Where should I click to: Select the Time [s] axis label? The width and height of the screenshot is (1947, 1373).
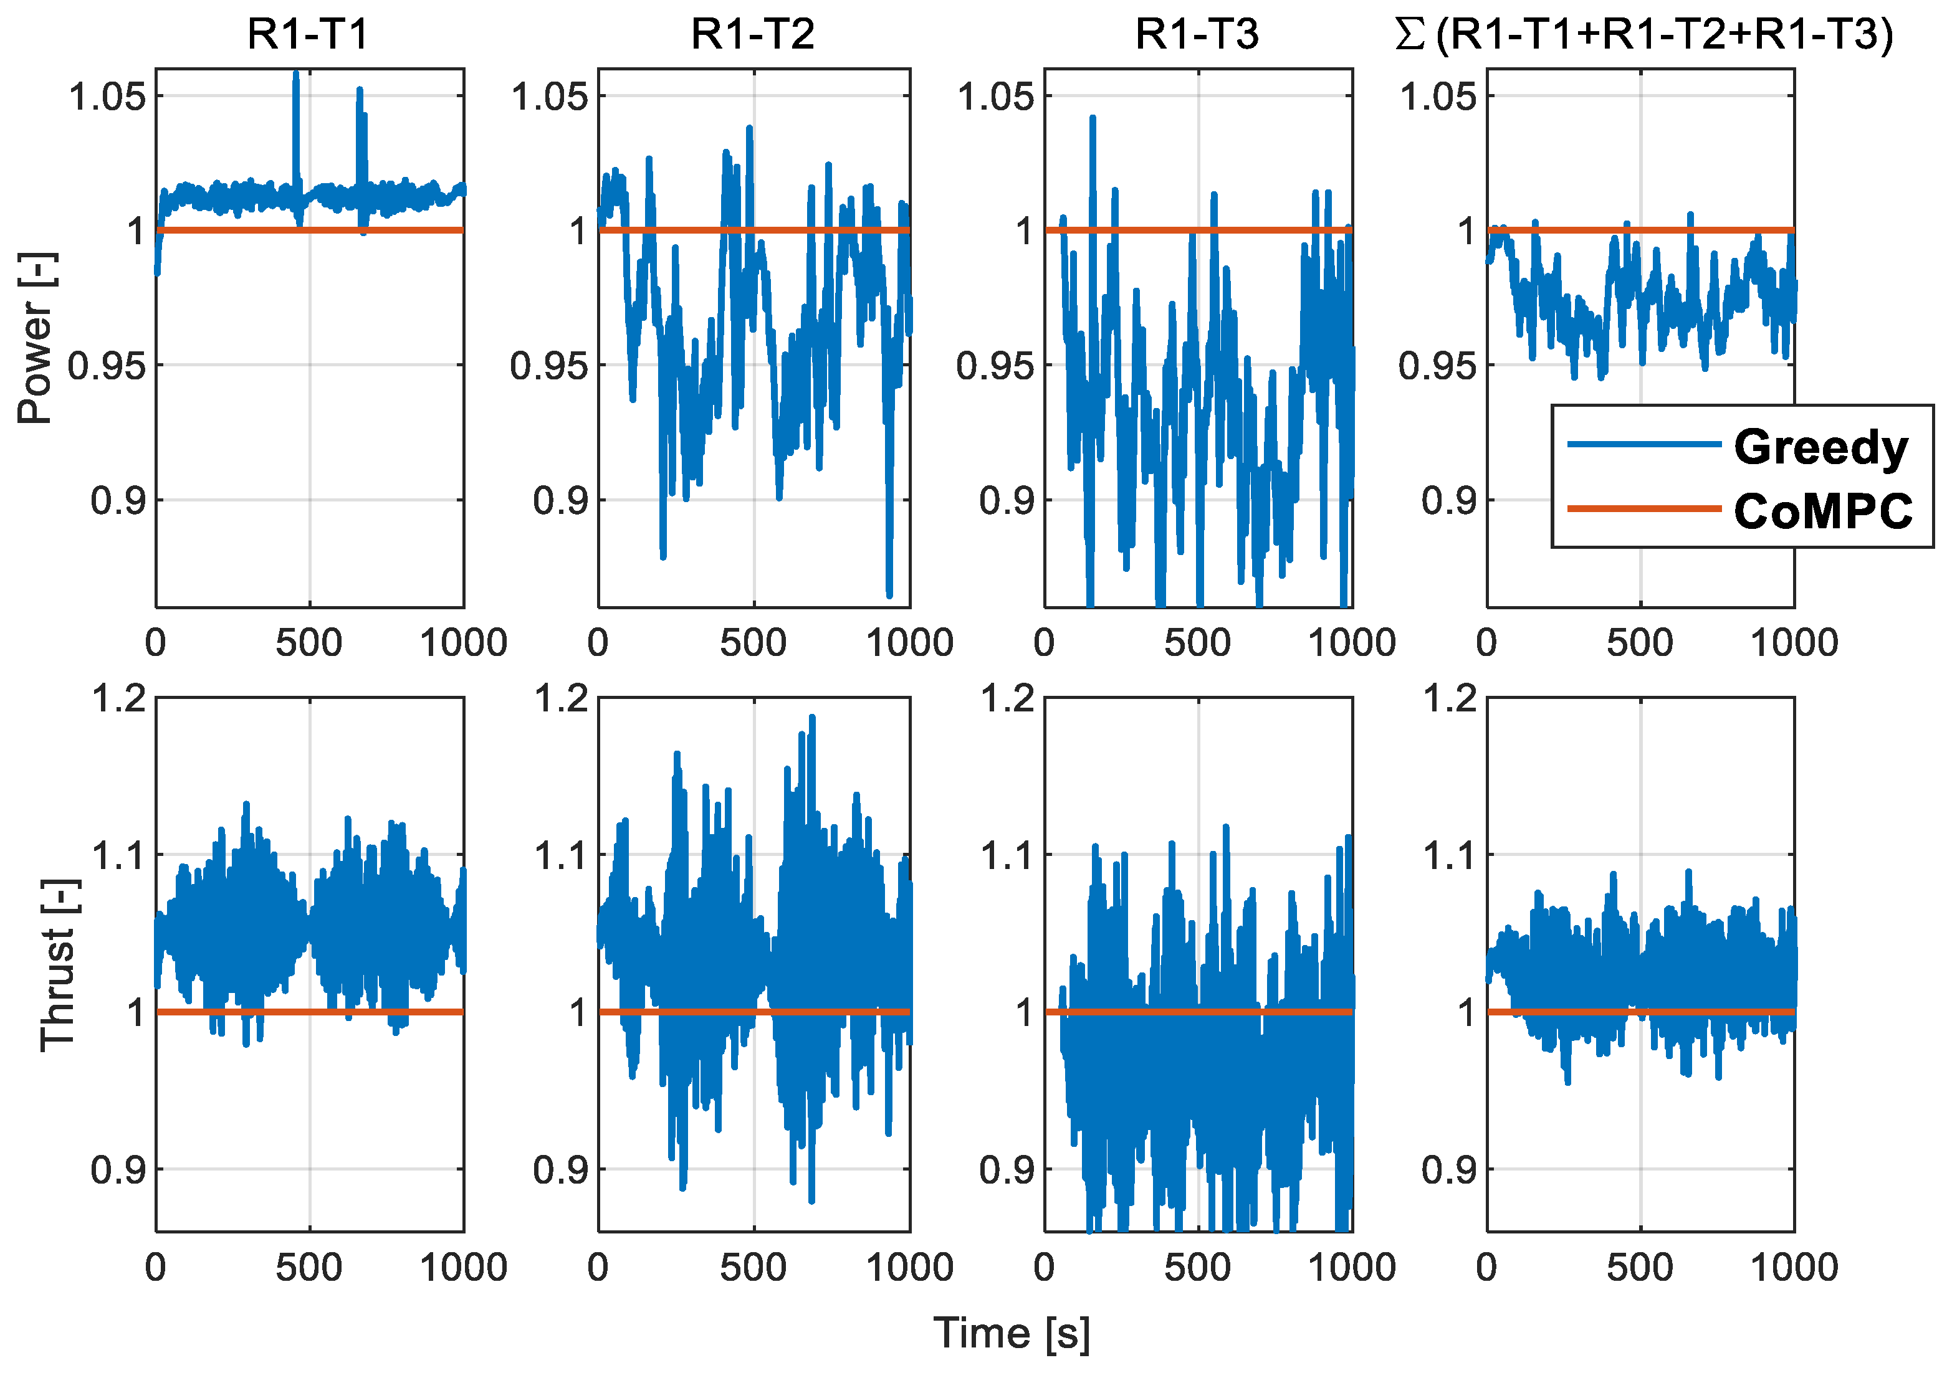tap(1011, 1333)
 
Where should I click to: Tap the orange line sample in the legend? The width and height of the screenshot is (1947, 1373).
tap(1643, 508)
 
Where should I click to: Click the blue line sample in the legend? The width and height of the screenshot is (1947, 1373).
tap(1643, 444)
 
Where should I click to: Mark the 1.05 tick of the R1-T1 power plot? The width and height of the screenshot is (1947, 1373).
tap(107, 96)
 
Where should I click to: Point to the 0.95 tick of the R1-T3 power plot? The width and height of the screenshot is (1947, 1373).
tap(995, 365)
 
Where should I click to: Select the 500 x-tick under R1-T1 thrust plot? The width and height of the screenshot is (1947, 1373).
tap(309, 1268)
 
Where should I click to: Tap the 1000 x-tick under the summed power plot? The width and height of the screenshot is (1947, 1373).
tap(1794, 642)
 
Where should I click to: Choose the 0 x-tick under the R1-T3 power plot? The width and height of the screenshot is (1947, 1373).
tap(1044, 642)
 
